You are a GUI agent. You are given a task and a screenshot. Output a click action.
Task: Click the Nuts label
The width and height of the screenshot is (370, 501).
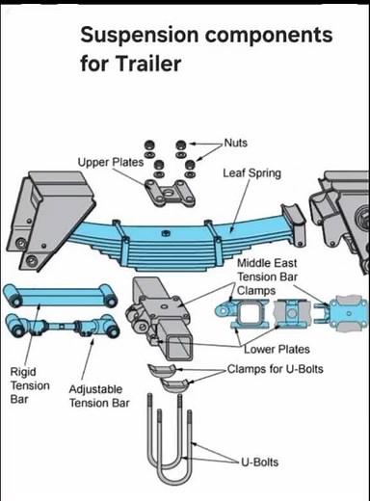(235, 143)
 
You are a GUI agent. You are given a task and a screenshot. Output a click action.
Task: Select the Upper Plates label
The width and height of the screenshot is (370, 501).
(110, 162)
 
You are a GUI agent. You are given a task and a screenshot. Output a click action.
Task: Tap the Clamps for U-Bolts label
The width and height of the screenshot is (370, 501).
(276, 369)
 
